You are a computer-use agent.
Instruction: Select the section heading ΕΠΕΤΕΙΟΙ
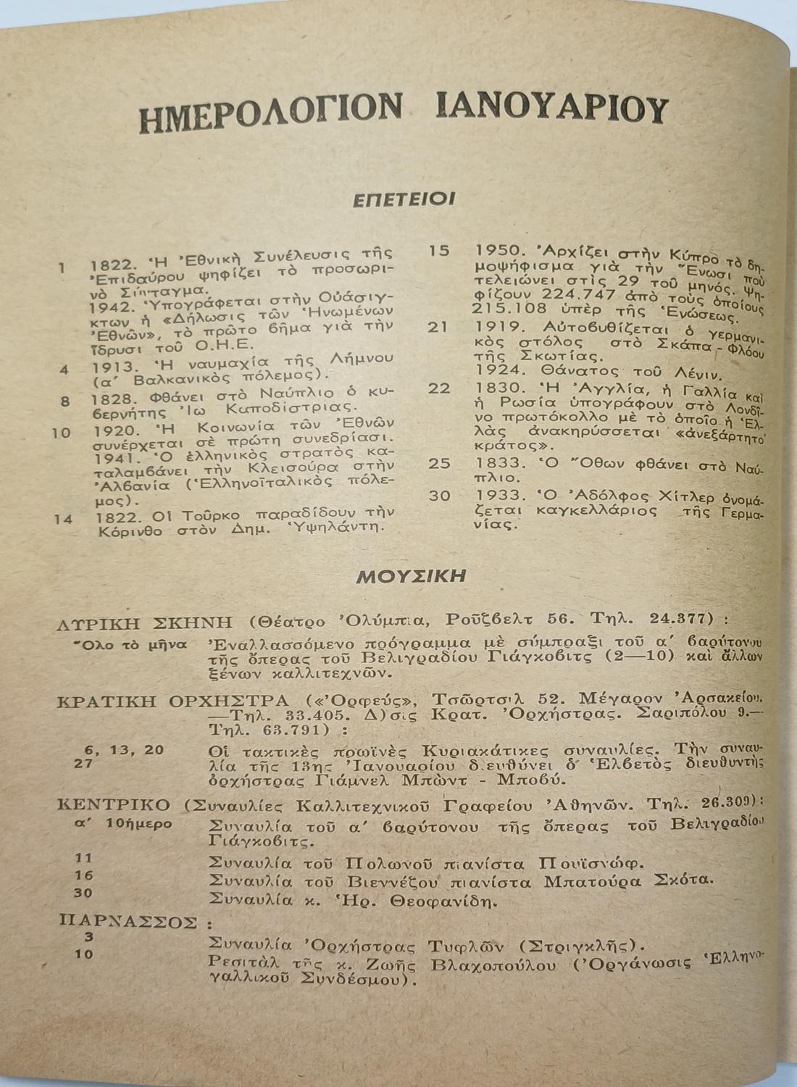pos(404,199)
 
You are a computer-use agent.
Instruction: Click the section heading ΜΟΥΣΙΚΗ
pos(411,577)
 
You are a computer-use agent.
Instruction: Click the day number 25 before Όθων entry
pos(439,462)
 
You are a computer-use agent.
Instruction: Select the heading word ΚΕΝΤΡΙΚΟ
pos(114,805)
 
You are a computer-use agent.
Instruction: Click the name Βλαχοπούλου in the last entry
pos(493,965)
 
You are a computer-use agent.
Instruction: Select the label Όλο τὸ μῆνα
pos(130,644)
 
